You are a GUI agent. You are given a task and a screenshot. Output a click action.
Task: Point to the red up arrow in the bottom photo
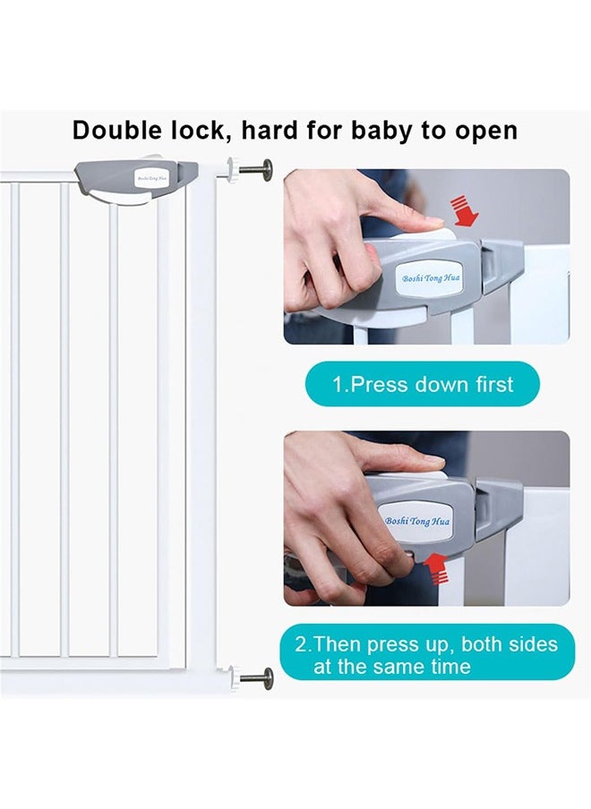437,566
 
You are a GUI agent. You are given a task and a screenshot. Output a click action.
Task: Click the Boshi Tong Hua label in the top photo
431,278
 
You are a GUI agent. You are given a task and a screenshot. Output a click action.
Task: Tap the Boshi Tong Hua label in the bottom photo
417,521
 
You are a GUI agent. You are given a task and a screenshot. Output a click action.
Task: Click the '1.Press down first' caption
423,385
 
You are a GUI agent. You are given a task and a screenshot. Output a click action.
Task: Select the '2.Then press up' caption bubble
425,655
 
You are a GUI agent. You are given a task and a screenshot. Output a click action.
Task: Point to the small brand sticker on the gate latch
150,178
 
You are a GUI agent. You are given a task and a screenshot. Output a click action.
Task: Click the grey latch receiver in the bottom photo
498,507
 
